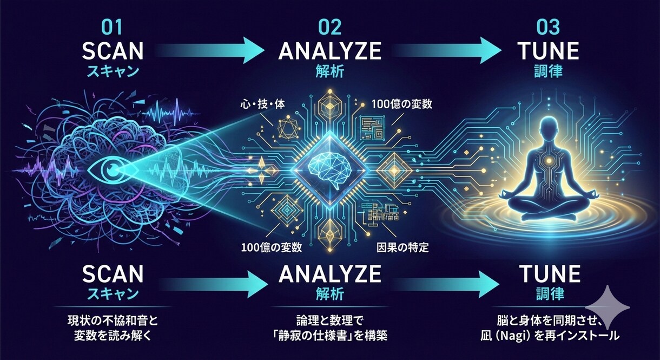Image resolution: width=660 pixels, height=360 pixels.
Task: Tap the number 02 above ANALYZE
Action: coord(330,28)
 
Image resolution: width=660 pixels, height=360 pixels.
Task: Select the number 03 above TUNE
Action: coord(548,28)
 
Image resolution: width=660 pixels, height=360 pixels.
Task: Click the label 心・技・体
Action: coord(262,104)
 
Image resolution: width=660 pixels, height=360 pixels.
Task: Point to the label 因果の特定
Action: coord(402,247)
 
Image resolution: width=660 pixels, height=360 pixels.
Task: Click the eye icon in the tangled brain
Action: coord(113,169)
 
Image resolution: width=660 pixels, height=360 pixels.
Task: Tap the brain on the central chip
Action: coord(329,171)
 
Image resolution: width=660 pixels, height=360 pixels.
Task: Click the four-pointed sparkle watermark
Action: coord(608,308)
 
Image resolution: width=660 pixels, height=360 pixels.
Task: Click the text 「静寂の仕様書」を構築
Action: coord(329,335)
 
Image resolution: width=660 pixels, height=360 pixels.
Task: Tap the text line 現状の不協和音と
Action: coord(113,320)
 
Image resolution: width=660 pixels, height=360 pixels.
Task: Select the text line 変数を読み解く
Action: coord(113,336)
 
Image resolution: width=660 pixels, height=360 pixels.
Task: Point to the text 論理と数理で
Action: coord(329,320)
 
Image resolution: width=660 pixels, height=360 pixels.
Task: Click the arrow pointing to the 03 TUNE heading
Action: coord(448,50)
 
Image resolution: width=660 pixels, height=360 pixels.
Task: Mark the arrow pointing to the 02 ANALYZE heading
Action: coord(209,50)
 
